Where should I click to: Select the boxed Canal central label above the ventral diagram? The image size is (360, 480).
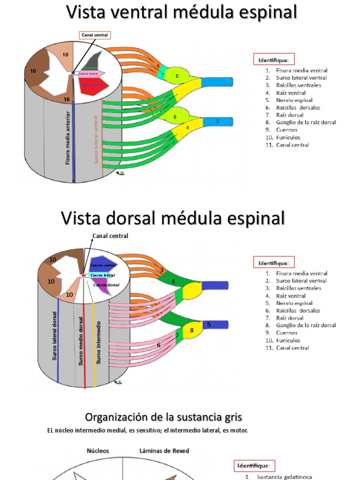94,35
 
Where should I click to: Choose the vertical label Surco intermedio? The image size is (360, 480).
98,342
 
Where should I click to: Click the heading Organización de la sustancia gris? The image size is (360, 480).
163,417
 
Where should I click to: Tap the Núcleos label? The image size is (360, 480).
97,450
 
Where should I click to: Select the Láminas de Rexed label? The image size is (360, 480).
164,450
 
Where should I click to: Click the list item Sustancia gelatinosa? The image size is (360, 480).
284,477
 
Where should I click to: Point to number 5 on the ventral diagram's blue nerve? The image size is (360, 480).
217,121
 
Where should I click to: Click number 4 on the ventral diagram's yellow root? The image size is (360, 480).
187,127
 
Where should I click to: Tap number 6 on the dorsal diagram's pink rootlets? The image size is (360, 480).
158,345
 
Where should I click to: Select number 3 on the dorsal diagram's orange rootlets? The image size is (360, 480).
162,270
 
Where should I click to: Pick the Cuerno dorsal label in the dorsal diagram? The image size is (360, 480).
106,285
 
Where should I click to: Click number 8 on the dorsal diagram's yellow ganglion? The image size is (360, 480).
191,330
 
